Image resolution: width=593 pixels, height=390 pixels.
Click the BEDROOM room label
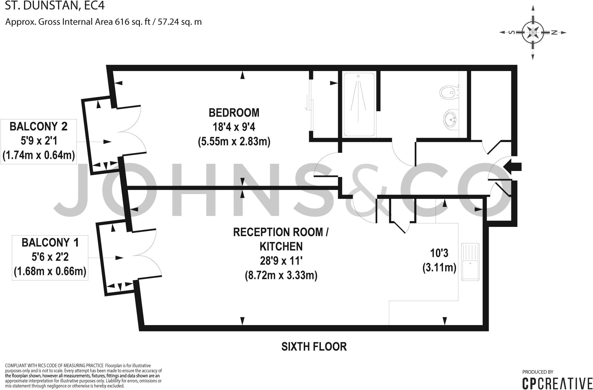(x=234, y=113)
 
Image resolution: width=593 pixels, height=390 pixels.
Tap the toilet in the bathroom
(x=448, y=92)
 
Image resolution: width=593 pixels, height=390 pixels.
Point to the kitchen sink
(x=470, y=262)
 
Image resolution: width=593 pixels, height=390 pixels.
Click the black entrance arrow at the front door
(x=513, y=167)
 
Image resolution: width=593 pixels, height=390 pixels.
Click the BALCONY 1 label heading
(x=50, y=243)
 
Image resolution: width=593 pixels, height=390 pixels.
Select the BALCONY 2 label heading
(x=39, y=127)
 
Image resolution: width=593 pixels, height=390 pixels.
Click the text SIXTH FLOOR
(x=314, y=347)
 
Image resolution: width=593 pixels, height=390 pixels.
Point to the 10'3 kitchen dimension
(x=439, y=253)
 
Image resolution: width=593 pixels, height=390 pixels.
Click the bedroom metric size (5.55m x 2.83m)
(x=234, y=142)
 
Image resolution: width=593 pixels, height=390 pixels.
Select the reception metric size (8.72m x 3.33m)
(x=281, y=275)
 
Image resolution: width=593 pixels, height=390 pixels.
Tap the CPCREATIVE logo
(x=557, y=383)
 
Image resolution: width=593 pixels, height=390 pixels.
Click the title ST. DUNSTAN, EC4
(x=55, y=6)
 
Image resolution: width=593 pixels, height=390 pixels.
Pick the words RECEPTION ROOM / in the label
(x=281, y=232)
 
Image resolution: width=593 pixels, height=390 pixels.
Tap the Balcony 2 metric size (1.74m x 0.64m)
(x=39, y=155)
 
